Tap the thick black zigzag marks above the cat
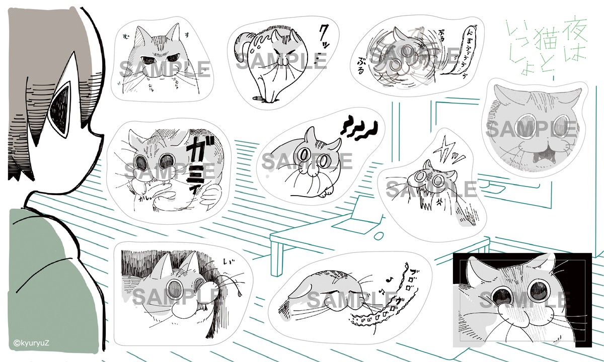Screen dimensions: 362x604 (x=360, y=128)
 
